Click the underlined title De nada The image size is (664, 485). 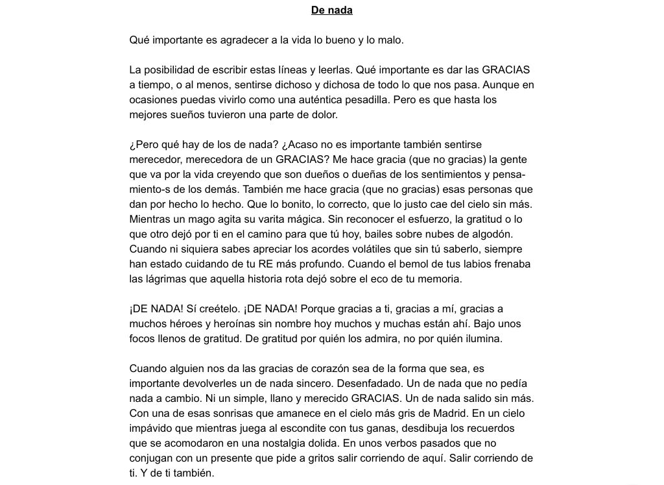(331, 10)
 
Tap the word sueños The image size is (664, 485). (188, 115)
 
